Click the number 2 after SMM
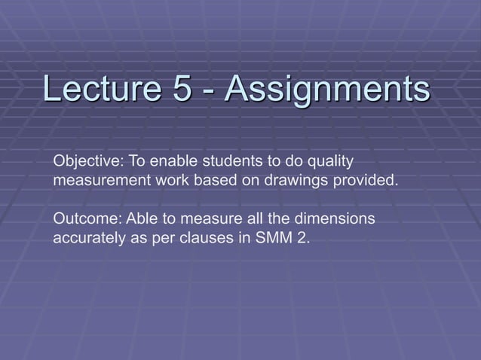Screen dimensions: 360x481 click(303, 239)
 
